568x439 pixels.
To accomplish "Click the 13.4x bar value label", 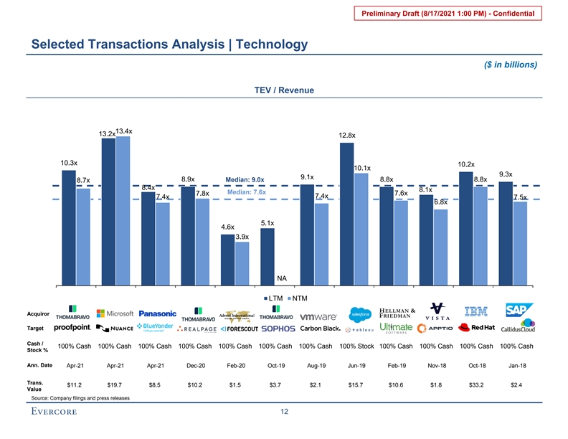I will coord(124,131).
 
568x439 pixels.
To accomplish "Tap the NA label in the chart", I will coord(282,278).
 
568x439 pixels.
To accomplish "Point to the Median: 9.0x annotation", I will coord(245,179).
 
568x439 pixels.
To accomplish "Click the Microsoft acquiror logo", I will coord(115,313).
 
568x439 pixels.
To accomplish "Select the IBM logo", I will coord(476,311).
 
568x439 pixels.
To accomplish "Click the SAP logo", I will coord(516,311).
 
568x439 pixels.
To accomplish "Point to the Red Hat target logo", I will coord(477,329).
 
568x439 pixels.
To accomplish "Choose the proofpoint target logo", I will coord(72,328).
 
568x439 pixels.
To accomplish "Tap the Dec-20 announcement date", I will coord(196,366).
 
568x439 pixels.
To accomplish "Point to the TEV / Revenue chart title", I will coord(285,90).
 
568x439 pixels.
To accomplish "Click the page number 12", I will coord(285,411).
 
